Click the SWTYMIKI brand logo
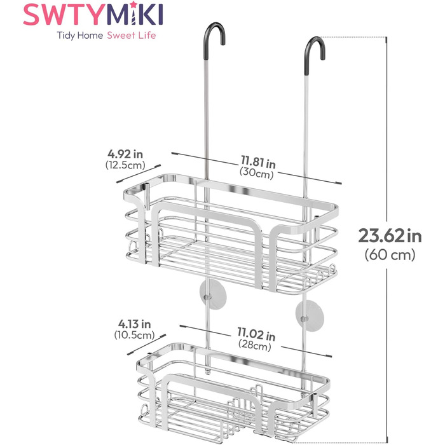93,14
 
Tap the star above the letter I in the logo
133,5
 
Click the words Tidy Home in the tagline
79,36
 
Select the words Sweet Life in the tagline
132,36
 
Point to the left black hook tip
222,42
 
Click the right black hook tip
323,57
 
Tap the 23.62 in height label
390,236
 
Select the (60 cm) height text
390,254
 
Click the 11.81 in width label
258,161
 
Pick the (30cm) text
257,173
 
